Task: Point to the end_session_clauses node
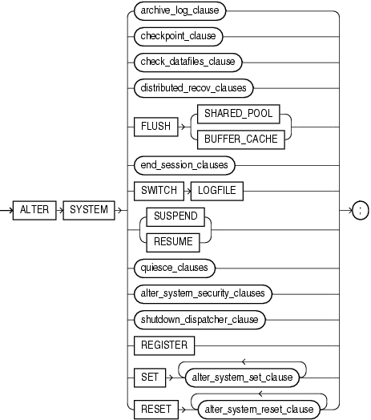[184, 164]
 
